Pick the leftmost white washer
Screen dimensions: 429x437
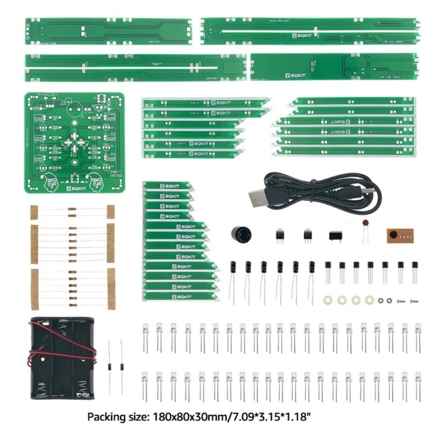(x=327, y=300)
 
